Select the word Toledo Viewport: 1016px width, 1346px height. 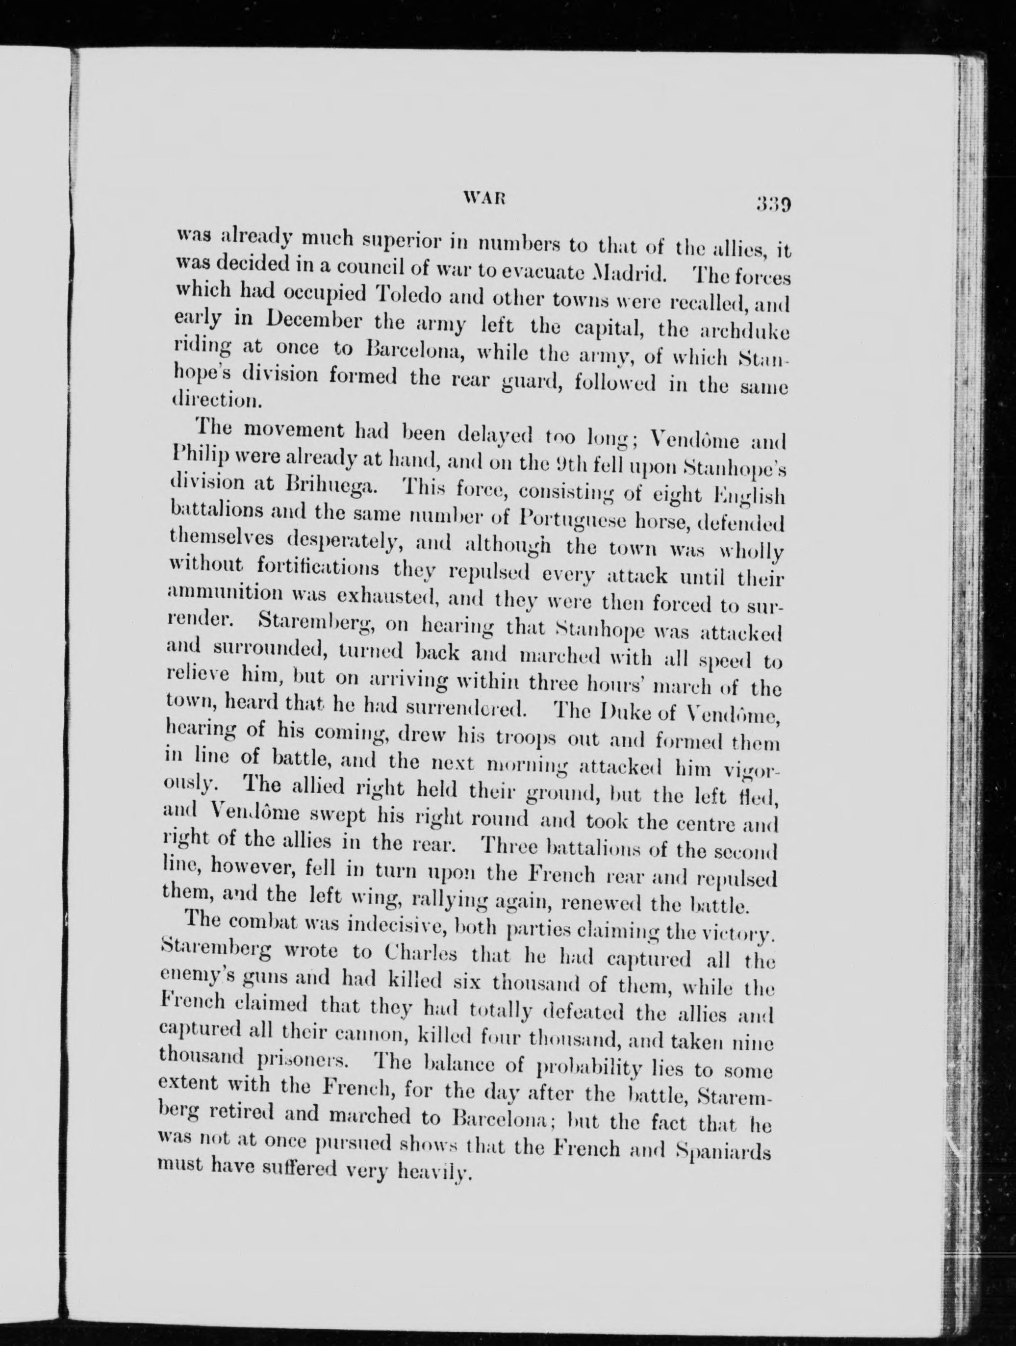[x=409, y=297]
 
